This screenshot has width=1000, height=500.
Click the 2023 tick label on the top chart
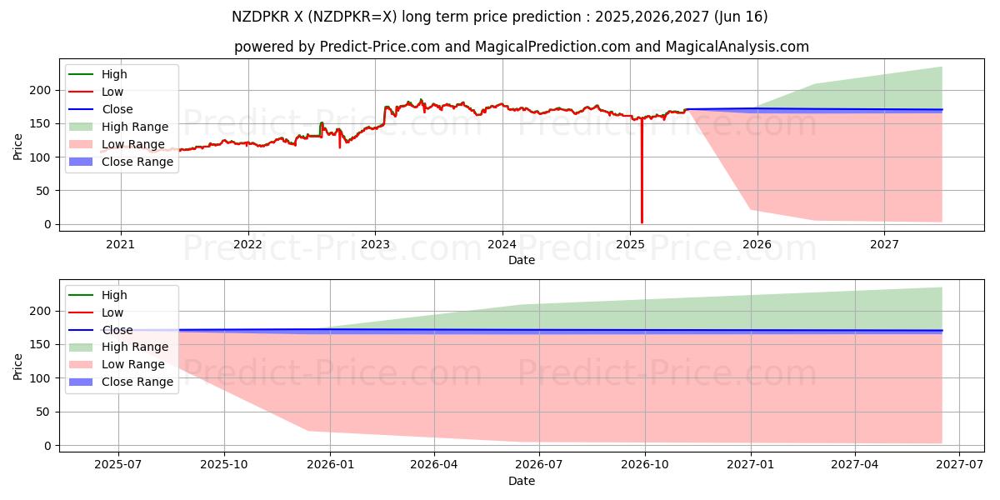(x=375, y=244)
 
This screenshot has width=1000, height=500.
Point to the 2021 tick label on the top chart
(x=121, y=244)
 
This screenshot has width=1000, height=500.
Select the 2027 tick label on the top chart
(x=884, y=244)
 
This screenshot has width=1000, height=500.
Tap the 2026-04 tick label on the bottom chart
(x=435, y=465)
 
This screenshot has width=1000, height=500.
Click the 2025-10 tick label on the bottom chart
(x=224, y=465)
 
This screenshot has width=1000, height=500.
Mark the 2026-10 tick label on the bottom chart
(x=646, y=465)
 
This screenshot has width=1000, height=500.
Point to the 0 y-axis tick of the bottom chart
(x=47, y=446)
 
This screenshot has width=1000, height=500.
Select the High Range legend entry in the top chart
(x=135, y=127)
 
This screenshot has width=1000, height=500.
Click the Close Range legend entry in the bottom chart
(x=137, y=382)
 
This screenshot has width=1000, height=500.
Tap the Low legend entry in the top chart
(x=112, y=92)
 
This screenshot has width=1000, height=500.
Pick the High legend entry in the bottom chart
(x=114, y=295)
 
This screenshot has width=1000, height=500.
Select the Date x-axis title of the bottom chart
(x=522, y=481)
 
